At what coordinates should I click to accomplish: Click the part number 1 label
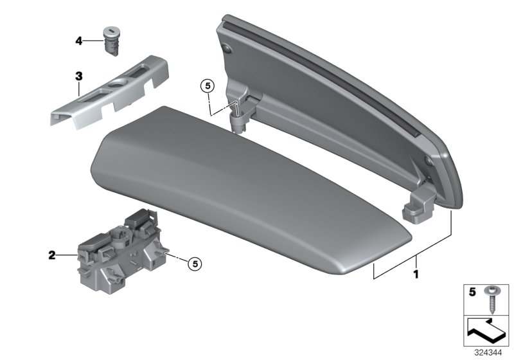[x=416, y=274]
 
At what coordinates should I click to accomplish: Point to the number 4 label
[x=78, y=41]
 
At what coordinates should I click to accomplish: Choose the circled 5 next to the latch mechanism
[x=196, y=262]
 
